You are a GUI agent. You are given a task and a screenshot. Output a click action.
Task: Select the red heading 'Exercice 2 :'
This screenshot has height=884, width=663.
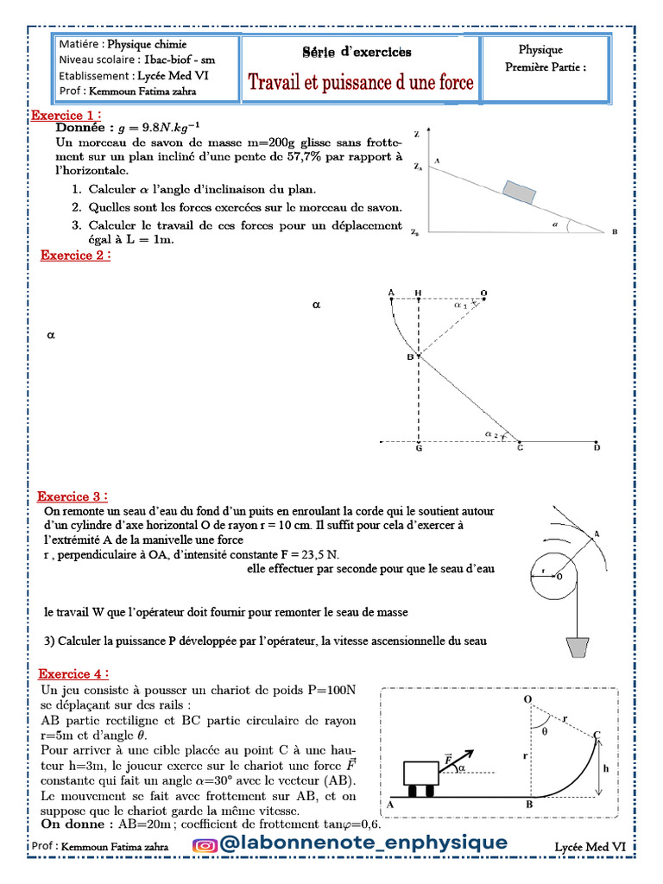point(76,256)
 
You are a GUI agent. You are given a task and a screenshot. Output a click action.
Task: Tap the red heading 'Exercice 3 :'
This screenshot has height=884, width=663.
point(73,496)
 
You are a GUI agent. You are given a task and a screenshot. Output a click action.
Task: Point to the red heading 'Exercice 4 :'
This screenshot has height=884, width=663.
point(74,673)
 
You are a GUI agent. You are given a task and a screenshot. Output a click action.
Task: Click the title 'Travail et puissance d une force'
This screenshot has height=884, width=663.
point(361,83)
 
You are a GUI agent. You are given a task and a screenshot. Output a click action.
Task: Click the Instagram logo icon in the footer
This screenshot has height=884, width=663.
point(205,845)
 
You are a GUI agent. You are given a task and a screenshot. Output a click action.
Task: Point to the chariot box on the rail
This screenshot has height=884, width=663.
point(428,773)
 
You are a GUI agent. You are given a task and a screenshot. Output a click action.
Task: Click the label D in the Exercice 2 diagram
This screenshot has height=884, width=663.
point(597,447)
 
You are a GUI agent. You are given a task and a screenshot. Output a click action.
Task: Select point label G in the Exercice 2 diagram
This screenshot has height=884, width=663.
point(418,448)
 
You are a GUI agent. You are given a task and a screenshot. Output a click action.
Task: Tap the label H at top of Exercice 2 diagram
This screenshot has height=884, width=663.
point(418,294)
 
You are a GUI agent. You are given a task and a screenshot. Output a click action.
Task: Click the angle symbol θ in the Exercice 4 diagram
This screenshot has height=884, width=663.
point(544,729)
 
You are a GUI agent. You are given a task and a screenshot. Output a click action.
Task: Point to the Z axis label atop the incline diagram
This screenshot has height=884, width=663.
point(416,135)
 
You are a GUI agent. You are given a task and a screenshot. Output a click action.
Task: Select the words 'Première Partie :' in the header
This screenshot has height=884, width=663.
point(546,67)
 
